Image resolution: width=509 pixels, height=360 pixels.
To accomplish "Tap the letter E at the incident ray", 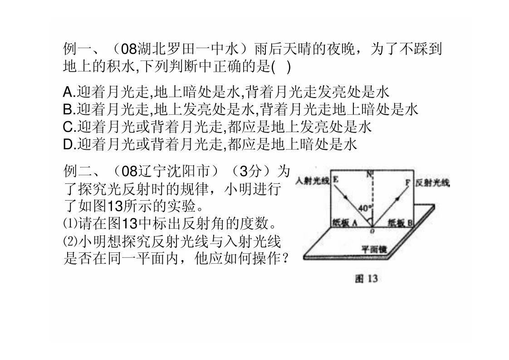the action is point(335,179).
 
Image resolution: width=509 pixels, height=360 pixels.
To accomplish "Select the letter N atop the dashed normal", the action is point(369,174).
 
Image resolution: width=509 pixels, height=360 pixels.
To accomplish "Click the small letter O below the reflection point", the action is point(372,231).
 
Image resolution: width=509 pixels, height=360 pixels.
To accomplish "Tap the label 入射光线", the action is point(312,180).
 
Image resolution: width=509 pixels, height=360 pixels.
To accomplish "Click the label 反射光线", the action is point(432,183).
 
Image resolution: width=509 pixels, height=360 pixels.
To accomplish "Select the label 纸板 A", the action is point(345,222).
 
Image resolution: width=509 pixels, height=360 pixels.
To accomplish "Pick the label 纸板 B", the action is point(400,223).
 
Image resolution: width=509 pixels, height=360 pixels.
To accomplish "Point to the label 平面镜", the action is point(374,249).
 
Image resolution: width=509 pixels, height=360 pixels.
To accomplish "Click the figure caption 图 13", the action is point(367,278).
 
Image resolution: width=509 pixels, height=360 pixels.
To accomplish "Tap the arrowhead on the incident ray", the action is point(346,197).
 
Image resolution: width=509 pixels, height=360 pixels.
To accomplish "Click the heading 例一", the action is point(78,49).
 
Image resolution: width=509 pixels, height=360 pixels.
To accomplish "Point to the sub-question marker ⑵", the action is point(70,242).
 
